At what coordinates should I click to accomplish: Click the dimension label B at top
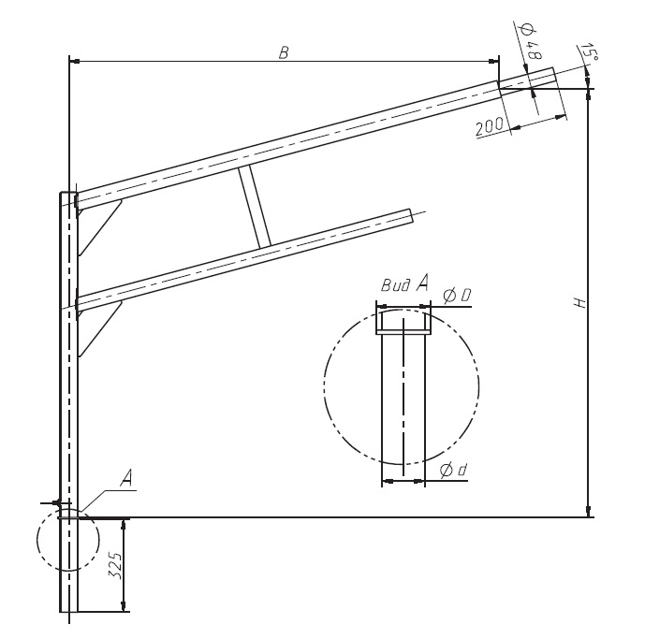click(284, 52)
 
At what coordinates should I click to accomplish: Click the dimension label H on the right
click(580, 303)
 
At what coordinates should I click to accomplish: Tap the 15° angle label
click(589, 51)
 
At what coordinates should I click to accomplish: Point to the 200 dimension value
click(490, 126)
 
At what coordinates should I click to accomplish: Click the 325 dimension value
click(115, 566)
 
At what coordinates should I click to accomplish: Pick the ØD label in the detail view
click(456, 295)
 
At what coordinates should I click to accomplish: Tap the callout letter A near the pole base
click(127, 478)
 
